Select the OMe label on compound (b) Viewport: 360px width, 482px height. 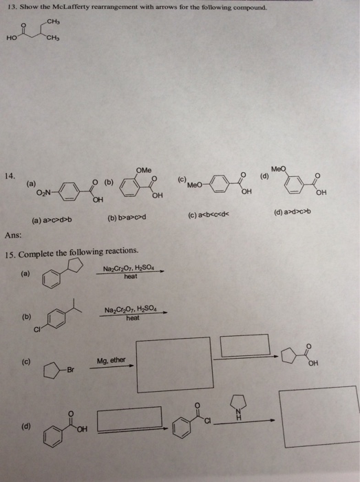coord(144,170)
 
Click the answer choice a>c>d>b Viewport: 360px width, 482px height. coord(52,220)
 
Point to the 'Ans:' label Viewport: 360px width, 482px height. coord(13,235)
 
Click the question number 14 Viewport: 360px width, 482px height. coord(10,176)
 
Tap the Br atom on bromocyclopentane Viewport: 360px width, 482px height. coord(70,370)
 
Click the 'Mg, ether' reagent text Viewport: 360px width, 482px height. coord(112,360)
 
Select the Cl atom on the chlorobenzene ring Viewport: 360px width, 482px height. coord(37,330)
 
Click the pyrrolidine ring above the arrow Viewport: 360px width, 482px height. coord(239,403)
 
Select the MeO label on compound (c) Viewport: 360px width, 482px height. coord(195,185)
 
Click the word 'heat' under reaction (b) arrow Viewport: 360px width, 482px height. coord(133,318)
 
